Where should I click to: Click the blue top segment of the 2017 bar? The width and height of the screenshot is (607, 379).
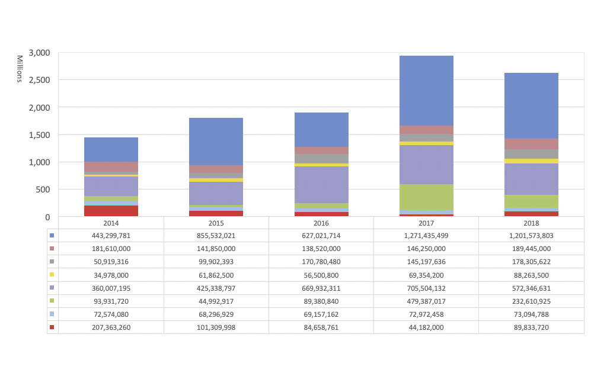426,90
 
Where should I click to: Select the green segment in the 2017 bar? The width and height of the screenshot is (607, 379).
426,197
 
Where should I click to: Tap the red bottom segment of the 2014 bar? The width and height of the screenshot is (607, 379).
111,211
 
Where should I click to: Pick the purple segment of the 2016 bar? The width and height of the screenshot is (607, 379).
321,185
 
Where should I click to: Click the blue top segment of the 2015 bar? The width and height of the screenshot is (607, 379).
216,142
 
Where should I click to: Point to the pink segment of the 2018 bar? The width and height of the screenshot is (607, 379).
531,143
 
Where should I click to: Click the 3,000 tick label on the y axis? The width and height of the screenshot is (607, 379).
39,53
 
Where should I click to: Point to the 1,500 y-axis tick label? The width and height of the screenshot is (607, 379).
39,135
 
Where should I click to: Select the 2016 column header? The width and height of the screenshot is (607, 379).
321,223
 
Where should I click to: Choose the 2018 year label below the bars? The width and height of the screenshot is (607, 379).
531,223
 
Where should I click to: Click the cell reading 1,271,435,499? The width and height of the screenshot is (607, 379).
426,236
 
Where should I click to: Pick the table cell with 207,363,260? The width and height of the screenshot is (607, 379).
111,327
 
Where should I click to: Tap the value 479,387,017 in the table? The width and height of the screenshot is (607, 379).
426,301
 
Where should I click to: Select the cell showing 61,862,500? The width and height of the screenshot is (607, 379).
216,275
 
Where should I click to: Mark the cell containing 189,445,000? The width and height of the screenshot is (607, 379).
531,249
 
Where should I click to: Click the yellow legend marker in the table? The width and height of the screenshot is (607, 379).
52,275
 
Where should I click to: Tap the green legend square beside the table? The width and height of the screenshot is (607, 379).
52,301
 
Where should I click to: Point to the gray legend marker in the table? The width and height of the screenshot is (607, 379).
52,262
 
